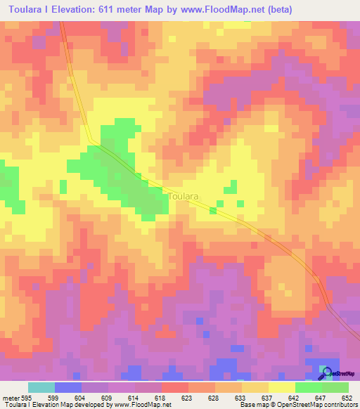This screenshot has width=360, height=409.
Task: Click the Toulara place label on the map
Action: (183, 197)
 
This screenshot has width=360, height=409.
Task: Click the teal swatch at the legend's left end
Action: (41, 387)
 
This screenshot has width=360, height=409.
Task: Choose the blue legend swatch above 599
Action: (68, 387)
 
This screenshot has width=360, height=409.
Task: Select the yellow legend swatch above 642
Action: (282, 387)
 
